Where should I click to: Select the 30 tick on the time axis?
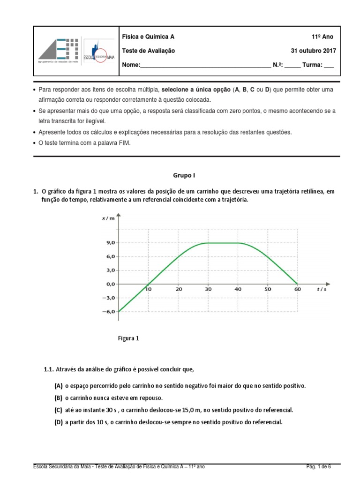(208, 290)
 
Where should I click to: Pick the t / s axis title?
(321, 290)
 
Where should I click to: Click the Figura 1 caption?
(128, 338)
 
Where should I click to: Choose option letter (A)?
(59, 386)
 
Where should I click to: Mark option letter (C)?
(59, 410)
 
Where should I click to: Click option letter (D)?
(59, 422)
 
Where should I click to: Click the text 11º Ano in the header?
(322, 37)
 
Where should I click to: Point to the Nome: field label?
(131, 65)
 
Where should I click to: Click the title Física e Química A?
(148, 37)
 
